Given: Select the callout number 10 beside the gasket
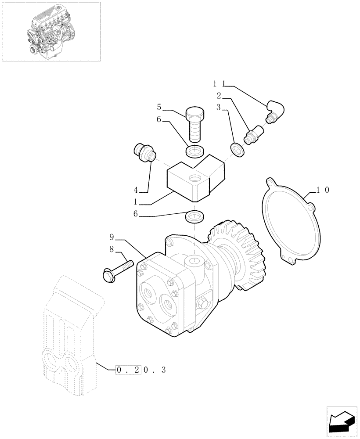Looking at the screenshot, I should tap(323, 190).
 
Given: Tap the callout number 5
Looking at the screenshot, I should tap(159, 106).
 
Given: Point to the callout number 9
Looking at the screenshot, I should tap(112, 237).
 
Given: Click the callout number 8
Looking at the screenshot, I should tap(112, 249).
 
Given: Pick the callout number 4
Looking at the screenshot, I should tap(136, 190).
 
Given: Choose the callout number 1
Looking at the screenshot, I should tap(136, 203).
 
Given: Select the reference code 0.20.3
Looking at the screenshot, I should tap(141, 370).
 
